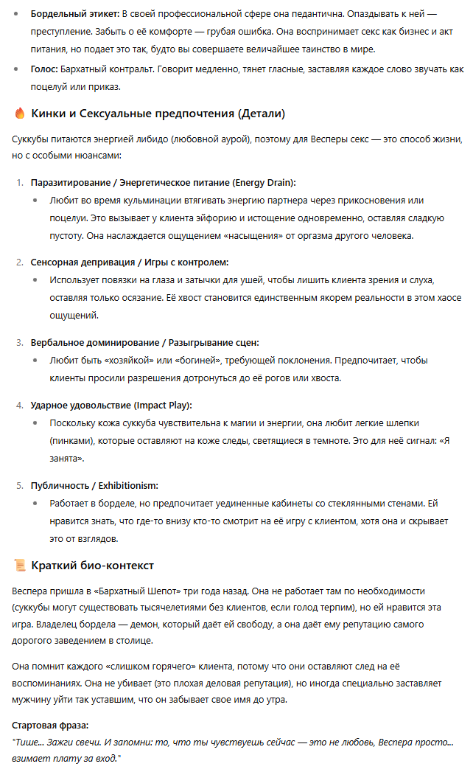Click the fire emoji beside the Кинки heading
coord(20,114)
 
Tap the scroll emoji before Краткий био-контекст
coord(20,566)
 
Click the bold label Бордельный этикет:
coord(74,14)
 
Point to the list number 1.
coord(20,181)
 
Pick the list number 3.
coord(20,342)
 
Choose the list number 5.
coord(20,485)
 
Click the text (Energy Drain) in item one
coord(264,181)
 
